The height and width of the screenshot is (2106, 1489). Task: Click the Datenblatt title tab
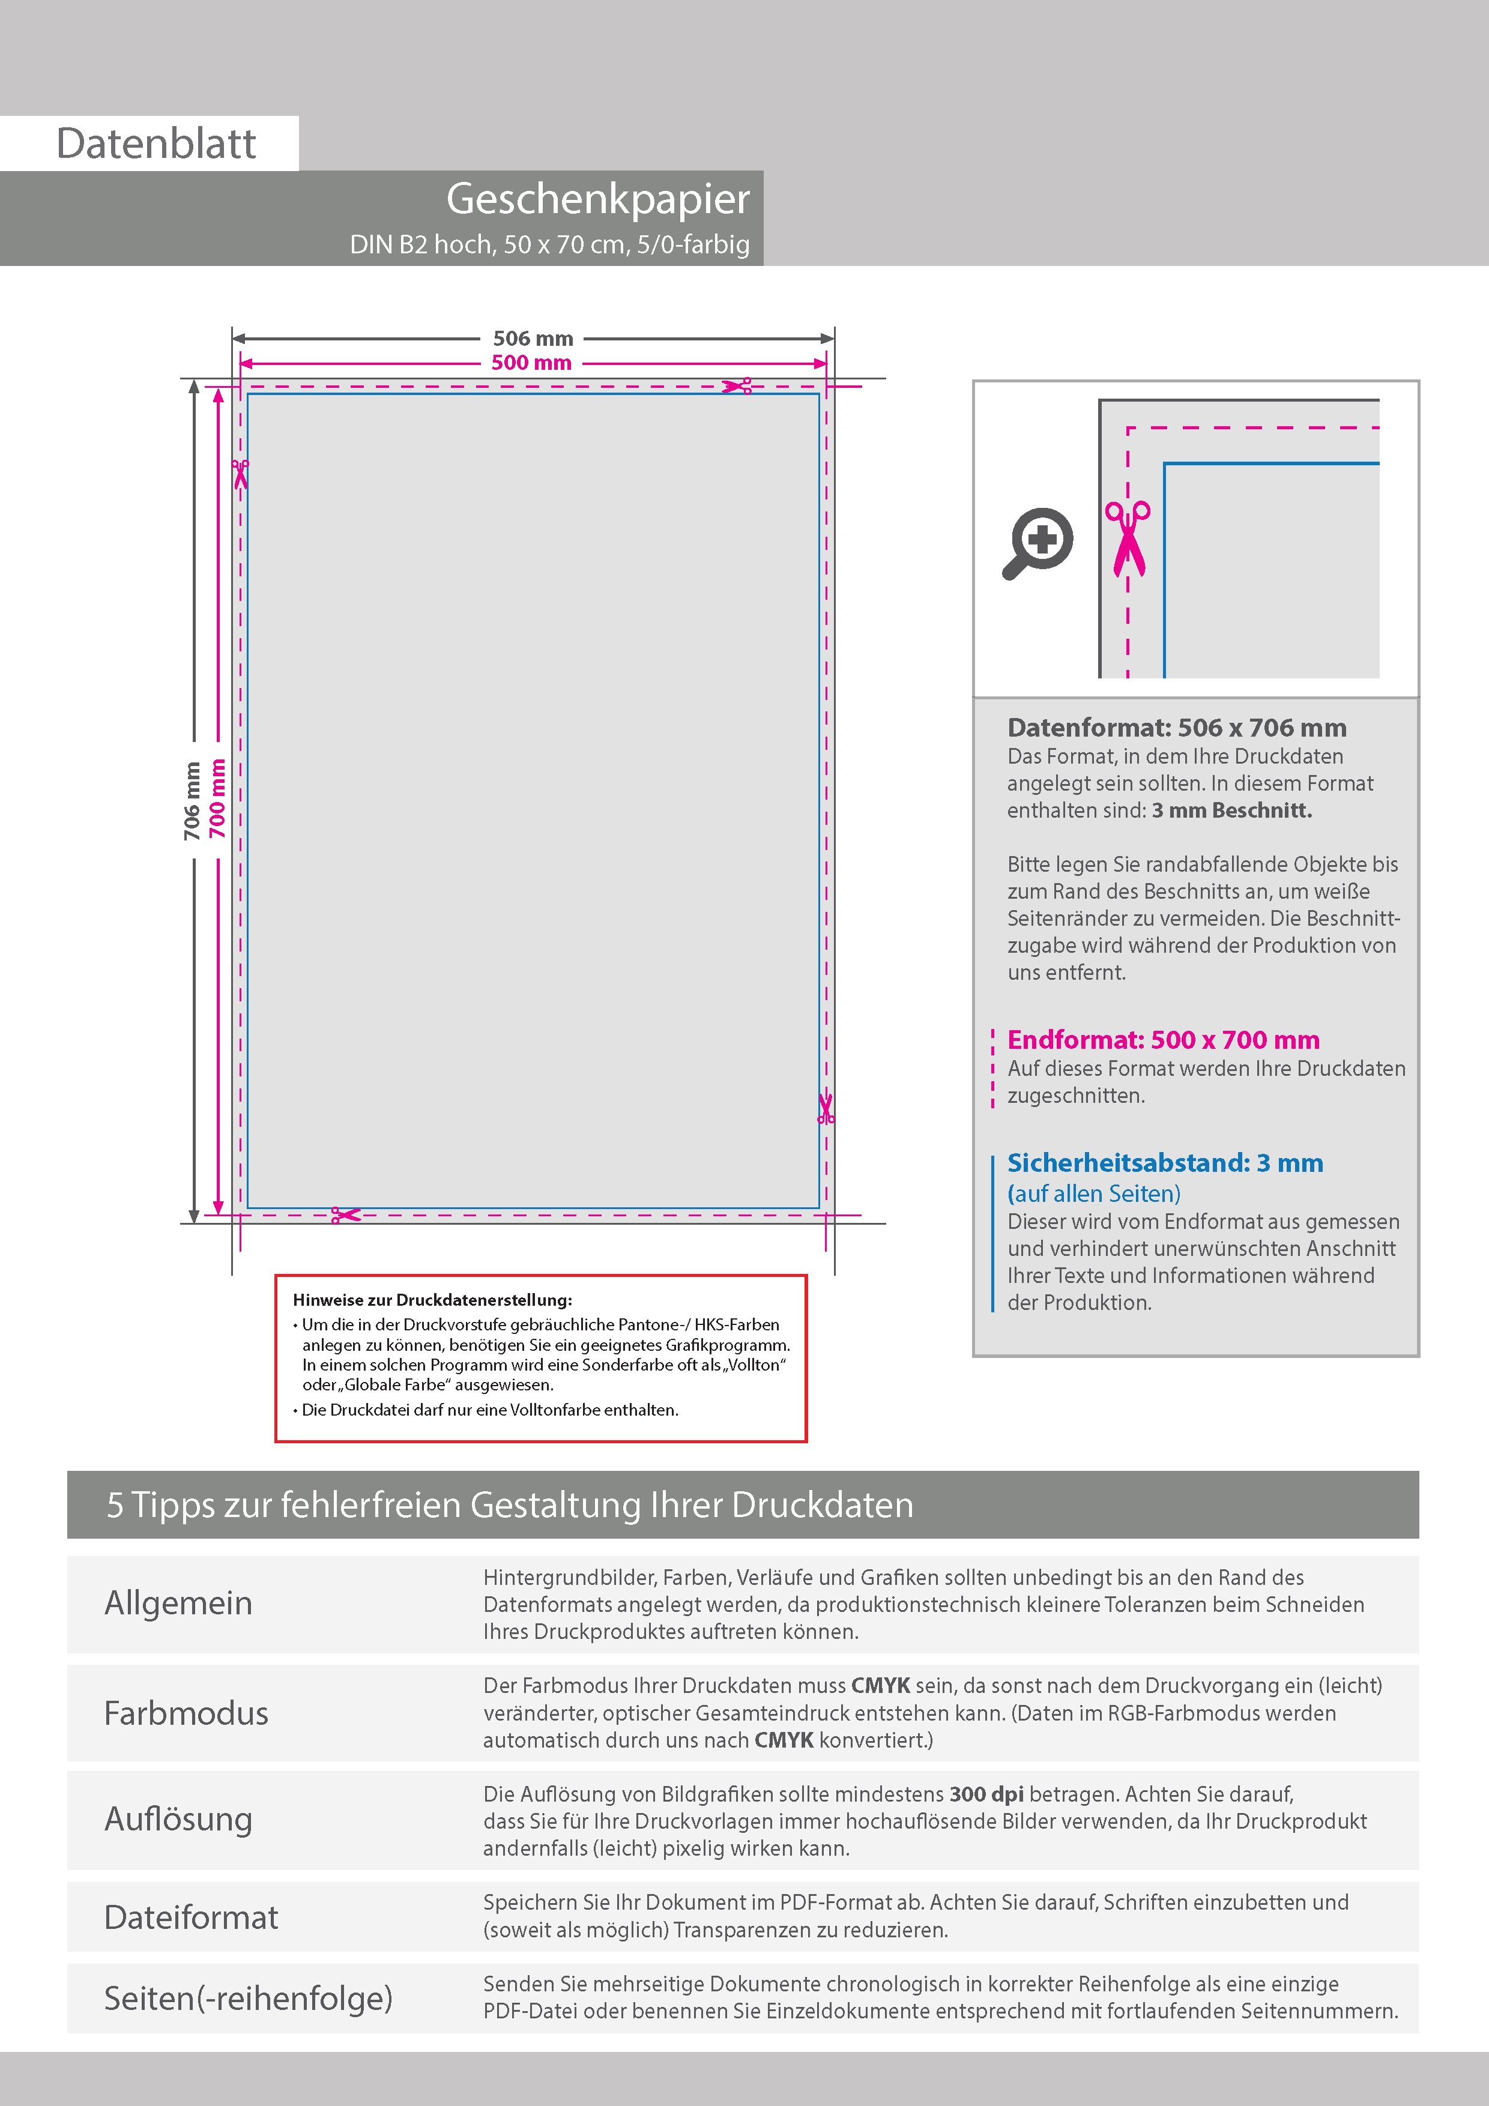click(x=156, y=143)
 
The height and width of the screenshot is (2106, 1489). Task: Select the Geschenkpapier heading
click(x=597, y=199)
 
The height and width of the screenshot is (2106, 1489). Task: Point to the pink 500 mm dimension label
click(x=531, y=363)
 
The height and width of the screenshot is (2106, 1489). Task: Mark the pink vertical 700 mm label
click(x=217, y=798)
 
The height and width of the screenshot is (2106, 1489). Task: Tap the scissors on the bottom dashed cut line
click(x=346, y=1214)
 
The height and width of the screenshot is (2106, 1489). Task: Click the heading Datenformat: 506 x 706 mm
click(x=1176, y=728)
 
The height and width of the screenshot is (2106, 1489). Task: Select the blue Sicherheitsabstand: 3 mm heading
click(x=1164, y=1162)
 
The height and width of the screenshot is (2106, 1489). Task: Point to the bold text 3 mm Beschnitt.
click(x=1231, y=810)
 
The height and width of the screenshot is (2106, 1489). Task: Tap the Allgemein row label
click(x=178, y=1602)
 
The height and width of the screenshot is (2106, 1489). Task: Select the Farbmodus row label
click(x=186, y=1713)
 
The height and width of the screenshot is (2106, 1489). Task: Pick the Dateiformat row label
click(x=191, y=1916)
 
